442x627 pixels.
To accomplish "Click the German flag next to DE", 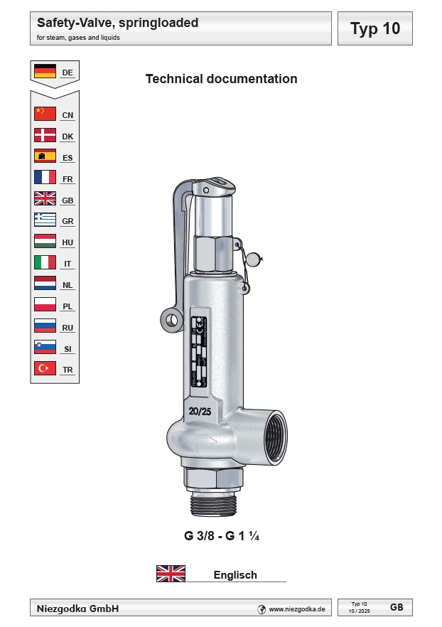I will point(45,72).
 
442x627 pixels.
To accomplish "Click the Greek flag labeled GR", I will point(45,220).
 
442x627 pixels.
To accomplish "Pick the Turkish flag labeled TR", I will point(45,369).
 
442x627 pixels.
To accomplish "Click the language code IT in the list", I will point(68,264).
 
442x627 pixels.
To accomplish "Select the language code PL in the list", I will point(68,306).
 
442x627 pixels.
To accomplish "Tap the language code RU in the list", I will point(68,328).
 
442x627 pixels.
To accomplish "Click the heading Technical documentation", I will point(221,79).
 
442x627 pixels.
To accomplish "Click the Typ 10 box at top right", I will point(374,28).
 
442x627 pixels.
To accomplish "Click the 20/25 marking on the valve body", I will point(200,411).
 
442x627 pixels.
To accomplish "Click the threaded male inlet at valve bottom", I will point(213,504).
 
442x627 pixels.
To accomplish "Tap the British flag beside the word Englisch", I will point(171,574).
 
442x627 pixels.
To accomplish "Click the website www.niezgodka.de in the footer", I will point(296,609).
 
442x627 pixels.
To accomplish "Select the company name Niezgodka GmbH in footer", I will point(77,609).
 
